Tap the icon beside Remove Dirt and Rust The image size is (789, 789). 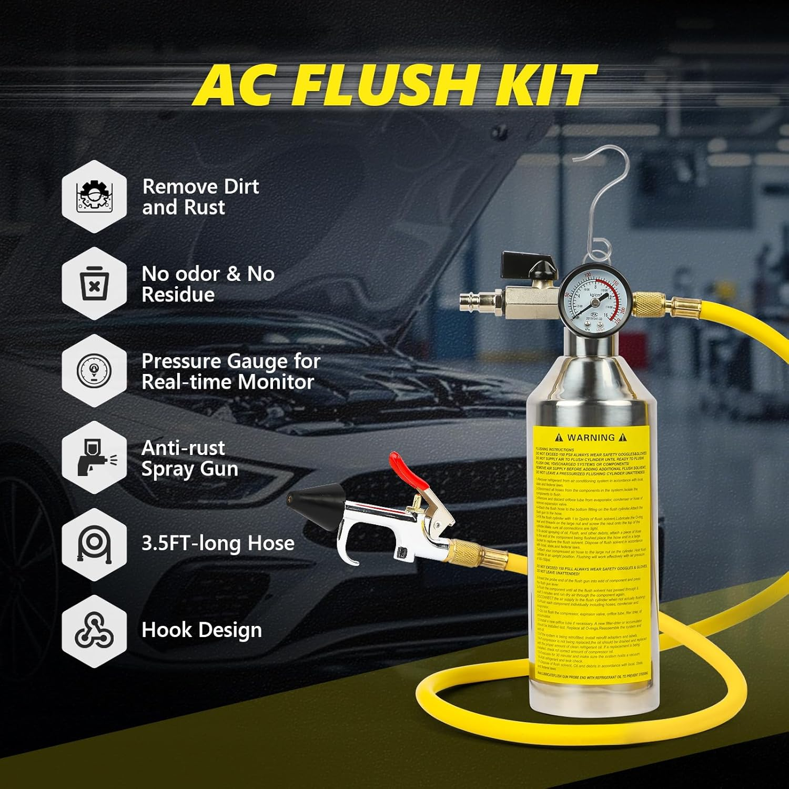coord(94,197)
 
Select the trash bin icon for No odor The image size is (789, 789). coord(94,284)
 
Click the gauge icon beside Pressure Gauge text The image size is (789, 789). coord(94,371)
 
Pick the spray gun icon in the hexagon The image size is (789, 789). coord(94,458)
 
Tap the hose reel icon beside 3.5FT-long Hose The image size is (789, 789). coord(94,544)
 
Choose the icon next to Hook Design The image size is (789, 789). coord(94,631)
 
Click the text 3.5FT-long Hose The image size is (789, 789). coord(218,543)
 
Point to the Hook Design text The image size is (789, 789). coord(201,630)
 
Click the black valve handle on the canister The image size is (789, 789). coord(518,261)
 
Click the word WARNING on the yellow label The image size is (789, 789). coord(591,438)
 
